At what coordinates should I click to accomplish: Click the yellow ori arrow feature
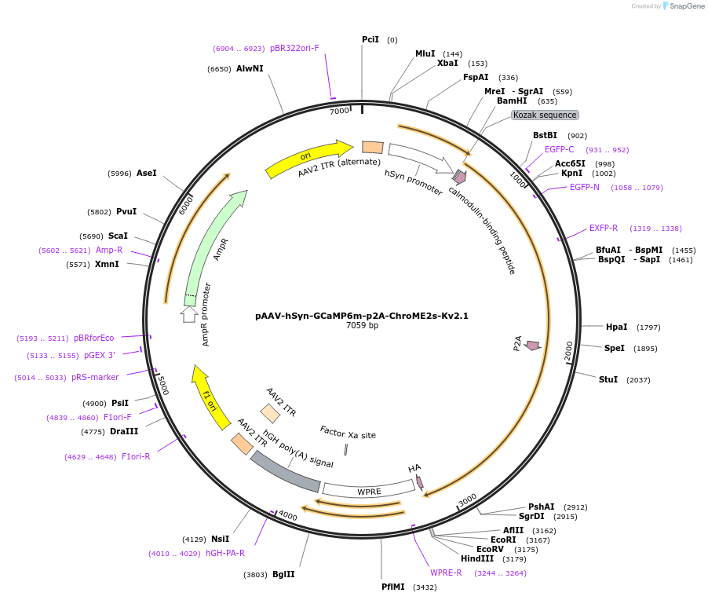click(308, 158)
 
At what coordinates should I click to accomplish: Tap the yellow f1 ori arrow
click(210, 397)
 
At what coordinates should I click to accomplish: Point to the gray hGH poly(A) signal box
click(284, 472)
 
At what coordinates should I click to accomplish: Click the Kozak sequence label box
click(545, 115)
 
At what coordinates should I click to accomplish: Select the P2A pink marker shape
click(533, 346)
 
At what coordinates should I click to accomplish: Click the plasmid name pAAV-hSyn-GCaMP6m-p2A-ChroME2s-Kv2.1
click(362, 316)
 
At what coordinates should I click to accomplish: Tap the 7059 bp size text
click(362, 325)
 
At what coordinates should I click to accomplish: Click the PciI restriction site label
click(370, 39)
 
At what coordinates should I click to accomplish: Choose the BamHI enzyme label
click(512, 101)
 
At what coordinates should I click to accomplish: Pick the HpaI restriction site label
click(616, 327)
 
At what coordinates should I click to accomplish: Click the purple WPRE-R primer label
click(446, 573)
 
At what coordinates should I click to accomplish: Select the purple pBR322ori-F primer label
click(294, 48)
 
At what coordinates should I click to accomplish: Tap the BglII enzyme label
click(283, 574)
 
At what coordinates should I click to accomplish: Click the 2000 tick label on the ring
click(568, 351)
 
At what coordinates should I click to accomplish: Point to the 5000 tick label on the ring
click(163, 385)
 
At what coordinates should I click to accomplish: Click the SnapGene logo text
click(687, 5)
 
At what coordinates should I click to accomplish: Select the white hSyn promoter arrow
click(421, 159)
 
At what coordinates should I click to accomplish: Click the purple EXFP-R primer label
click(604, 229)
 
